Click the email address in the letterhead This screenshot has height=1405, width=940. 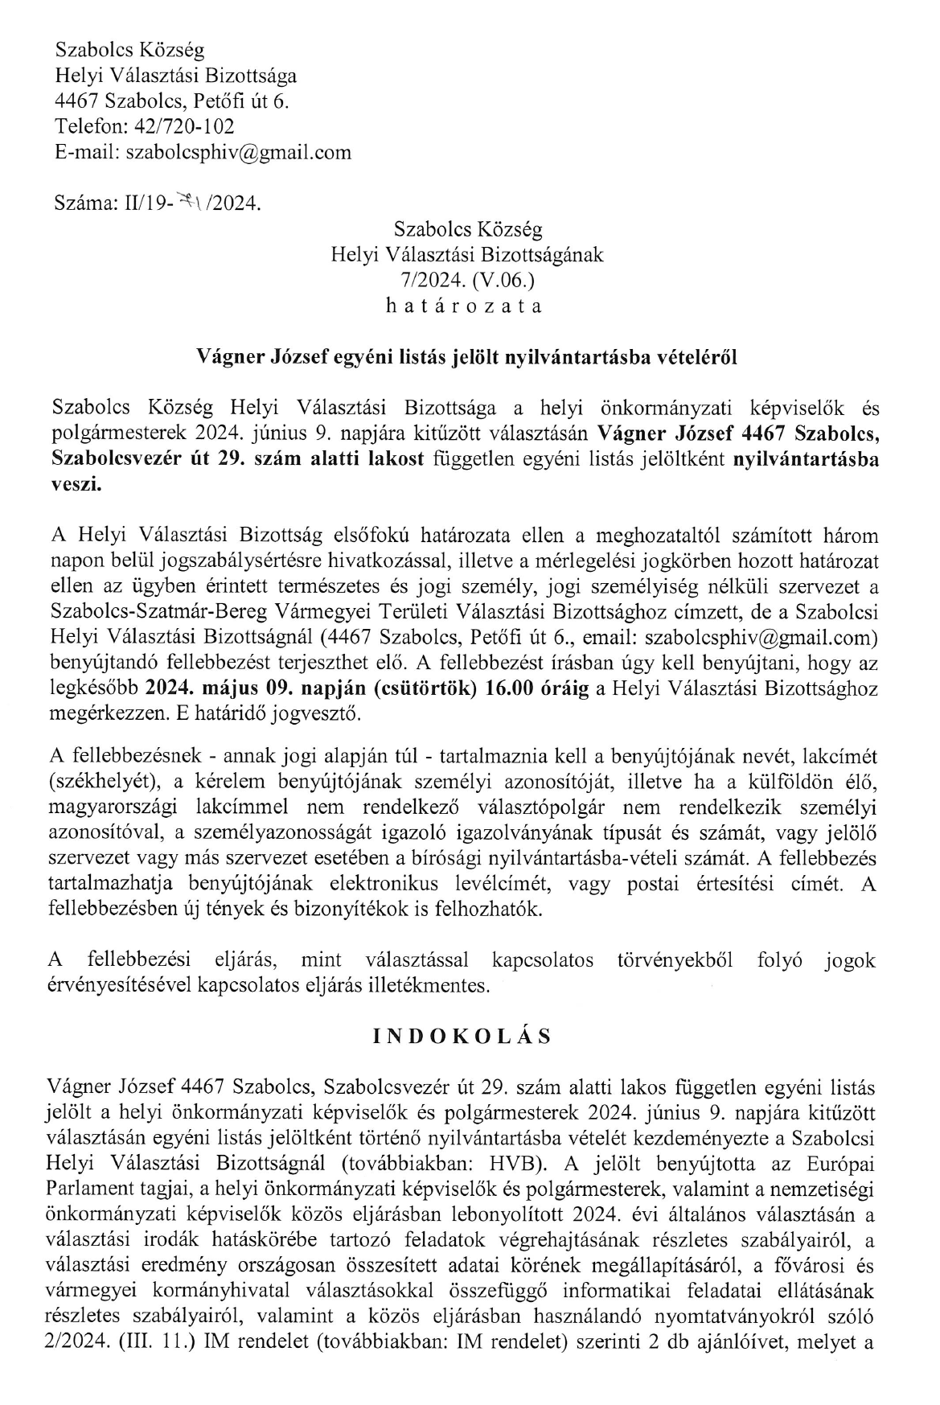point(239,153)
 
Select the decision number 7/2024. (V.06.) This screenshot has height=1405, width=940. point(466,281)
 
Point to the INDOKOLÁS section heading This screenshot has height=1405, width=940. point(462,1037)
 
